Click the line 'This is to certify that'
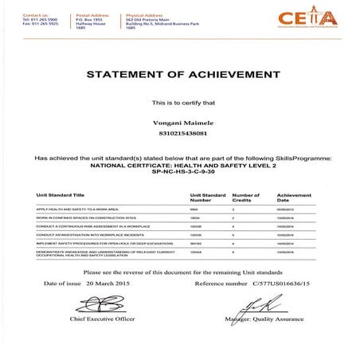[x=179, y=104]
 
